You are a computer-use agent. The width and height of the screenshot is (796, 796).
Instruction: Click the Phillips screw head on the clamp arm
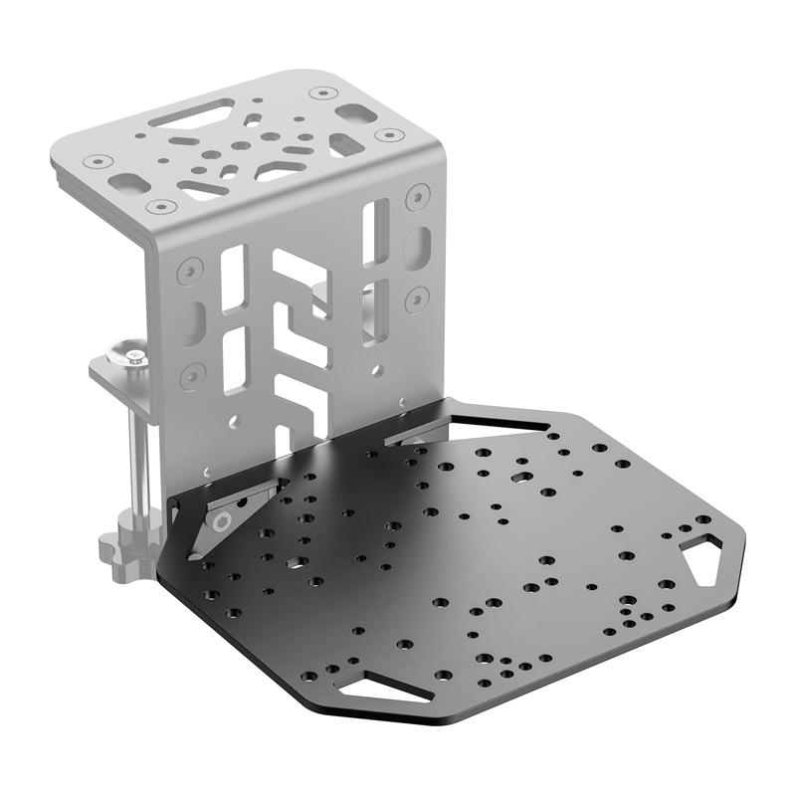(x=131, y=351)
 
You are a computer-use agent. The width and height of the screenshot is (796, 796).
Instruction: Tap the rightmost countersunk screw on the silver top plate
(x=384, y=134)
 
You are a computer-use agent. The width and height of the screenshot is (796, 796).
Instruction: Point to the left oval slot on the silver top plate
(x=128, y=183)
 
